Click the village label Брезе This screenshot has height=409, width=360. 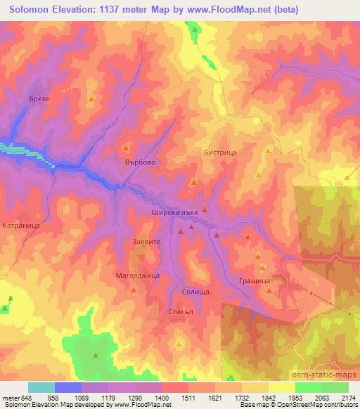[x=39, y=99]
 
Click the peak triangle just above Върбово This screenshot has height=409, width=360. [x=126, y=148]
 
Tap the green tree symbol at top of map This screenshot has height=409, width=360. [x=194, y=29]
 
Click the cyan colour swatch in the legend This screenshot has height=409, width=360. [x=41, y=387]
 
